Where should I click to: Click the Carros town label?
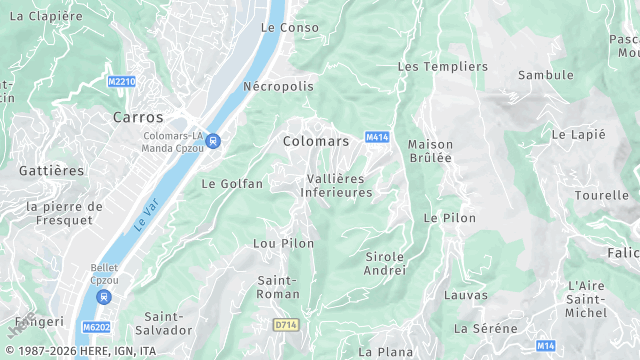tap(138, 117)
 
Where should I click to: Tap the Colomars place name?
tap(317, 141)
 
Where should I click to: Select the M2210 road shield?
tap(121, 82)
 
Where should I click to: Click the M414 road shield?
tap(376, 137)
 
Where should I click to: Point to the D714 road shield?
tap(286, 325)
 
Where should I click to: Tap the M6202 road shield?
tap(97, 327)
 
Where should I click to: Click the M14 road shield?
tap(545, 345)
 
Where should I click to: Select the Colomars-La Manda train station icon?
tap(213, 141)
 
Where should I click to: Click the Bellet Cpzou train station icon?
tap(104, 296)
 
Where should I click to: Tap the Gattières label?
tap(51, 171)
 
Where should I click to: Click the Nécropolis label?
tap(278, 86)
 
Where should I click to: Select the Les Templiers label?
tap(443, 66)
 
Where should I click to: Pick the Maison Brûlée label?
tap(430, 151)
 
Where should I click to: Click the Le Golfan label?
tap(232, 184)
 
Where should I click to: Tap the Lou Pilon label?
tap(283, 243)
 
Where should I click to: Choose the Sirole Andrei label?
tap(385, 263)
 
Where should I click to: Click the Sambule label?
tap(546, 75)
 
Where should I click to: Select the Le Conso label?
tap(289, 27)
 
